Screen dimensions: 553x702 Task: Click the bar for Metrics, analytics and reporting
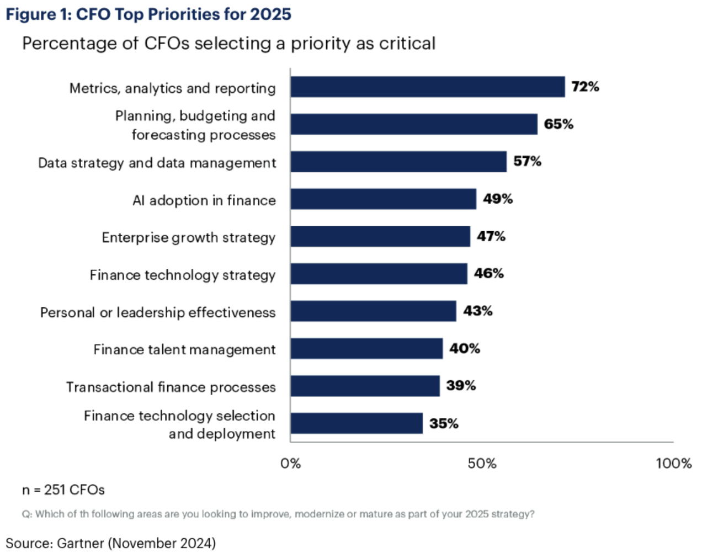tap(428, 87)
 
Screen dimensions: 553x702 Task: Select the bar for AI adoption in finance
tap(383, 199)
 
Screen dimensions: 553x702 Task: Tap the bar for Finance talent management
tap(366, 349)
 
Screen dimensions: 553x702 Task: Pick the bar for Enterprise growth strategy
tap(380, 237)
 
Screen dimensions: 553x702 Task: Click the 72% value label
tap(585, 87)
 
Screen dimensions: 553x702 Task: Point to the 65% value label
tap(559, 124)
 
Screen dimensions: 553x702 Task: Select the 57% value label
tap(527, 161)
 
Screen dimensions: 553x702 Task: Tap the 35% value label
tap(444, 423)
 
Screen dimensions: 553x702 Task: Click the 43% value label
tap(477, 311)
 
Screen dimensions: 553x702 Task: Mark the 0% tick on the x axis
tap(291, 464)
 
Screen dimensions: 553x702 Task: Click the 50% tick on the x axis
tap(482, 464)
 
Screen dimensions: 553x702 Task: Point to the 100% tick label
tap(673, 464)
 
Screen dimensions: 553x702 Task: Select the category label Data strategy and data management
tap(157, 163)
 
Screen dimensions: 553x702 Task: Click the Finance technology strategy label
tap(183, 275)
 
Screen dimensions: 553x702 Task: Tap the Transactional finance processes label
tap(171, 387)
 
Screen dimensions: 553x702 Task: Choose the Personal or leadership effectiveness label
tap(158, 312)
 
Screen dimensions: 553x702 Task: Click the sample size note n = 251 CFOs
tap(63, 490)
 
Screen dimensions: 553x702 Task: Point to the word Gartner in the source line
tap(81, 543)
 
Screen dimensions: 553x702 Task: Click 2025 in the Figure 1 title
tap(270, 14)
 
